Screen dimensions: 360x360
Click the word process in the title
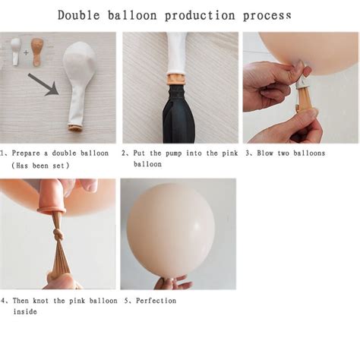[267, 15]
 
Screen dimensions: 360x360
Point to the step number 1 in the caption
[3, 153]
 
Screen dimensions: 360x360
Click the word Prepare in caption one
[25, 153]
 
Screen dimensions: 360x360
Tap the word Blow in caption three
[267, 153]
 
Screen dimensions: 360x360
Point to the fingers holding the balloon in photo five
[171, 283]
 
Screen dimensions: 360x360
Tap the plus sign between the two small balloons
[26, 52]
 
